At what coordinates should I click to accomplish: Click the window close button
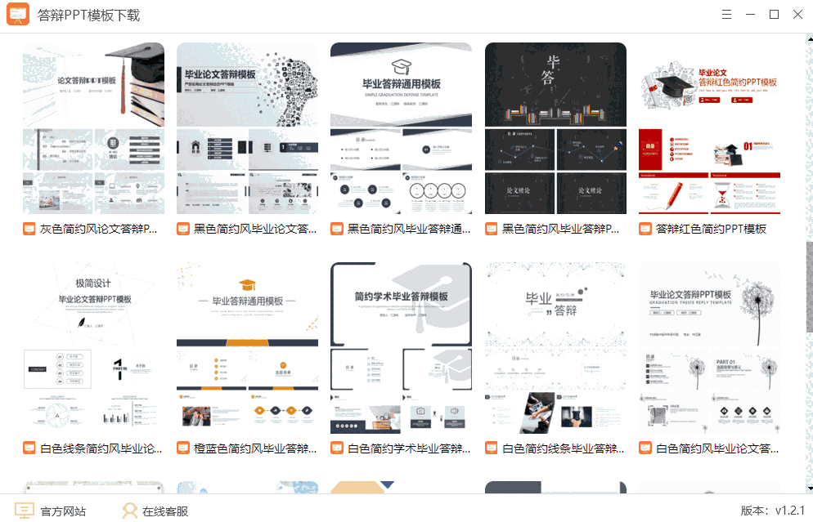[x=797, y=14]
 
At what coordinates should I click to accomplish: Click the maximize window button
[x=774, y=14]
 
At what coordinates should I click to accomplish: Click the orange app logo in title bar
[x=18, y=15]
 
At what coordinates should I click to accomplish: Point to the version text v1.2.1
[x=771, y=511]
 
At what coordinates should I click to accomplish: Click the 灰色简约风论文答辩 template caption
[x=98, y=229]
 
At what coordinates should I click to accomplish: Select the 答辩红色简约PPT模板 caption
[x=712, y=229]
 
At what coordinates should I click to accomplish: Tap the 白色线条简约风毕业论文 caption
[x=101, y=448]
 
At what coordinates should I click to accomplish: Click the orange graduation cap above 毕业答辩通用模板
[x=247, y=285]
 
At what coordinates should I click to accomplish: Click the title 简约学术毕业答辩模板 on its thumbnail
[x=401, y=297]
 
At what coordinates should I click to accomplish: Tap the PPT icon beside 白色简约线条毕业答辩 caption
[x=491, y=448]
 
